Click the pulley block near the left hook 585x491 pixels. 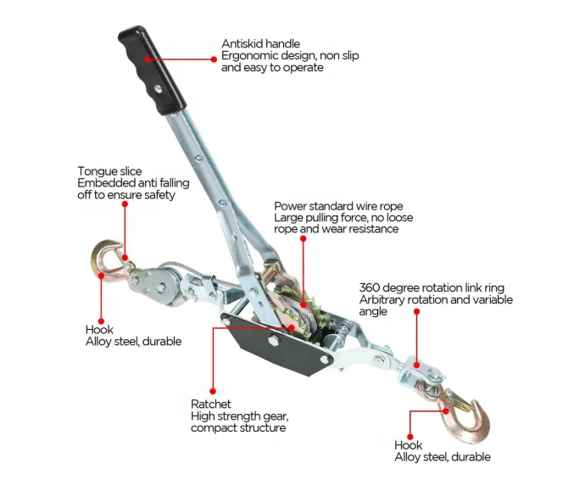click(x=161, y=284)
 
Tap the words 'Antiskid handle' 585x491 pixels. click(x=260, y=43)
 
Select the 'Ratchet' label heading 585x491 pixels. click(x=210, y=405)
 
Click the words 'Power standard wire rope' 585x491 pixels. click(x=338, y=206)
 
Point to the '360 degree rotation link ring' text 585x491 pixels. click(x=436, y=287)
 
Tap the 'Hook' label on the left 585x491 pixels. click(x=99, y=330)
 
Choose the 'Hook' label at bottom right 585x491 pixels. click(x=409, y=444)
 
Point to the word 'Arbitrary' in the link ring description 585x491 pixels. click(x=384, y=299)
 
